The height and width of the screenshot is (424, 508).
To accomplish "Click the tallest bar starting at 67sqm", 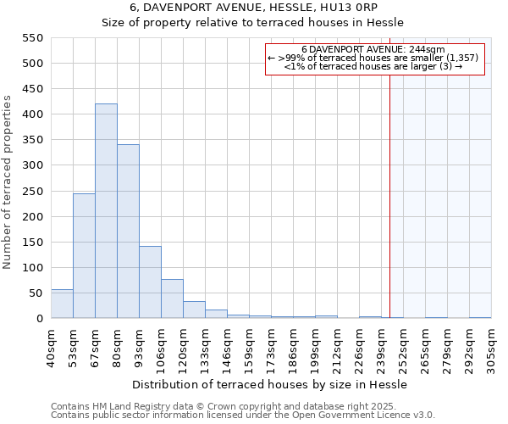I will point(106,211).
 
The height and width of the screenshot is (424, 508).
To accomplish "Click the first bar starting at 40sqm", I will point(62,304).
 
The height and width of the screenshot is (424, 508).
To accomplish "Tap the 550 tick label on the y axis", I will point(31,38).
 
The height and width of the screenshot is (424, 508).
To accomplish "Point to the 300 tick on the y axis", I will point(31,165).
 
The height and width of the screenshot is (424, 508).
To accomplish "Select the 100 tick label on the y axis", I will point(31,268).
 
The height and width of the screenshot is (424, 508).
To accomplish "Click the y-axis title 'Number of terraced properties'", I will point(8,182).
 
